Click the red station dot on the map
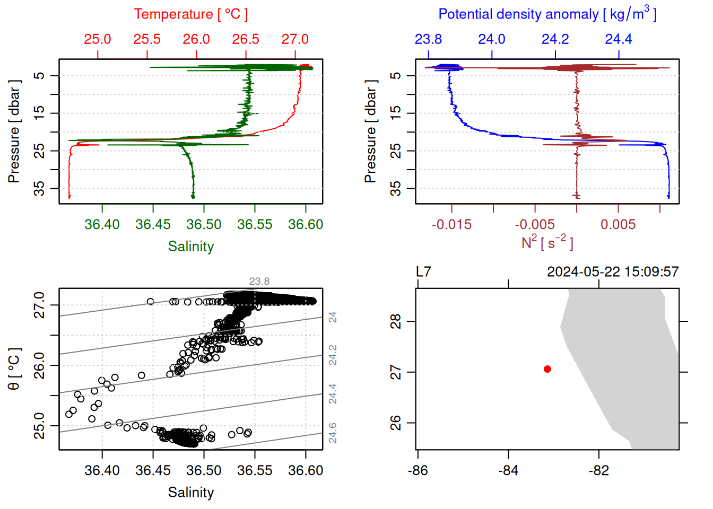(x=547, y=369)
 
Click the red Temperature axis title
(x=190, y=14)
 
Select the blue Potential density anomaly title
(x=547, y=14)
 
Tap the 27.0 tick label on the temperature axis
(x=295, y=39)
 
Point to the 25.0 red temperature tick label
(x=98, y=39)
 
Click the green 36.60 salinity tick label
(x=306, y=224)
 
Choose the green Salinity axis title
(x=190, y=247)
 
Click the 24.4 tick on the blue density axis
(x=619, y=39)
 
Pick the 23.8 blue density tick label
(x=428, y=39)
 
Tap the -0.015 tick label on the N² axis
(x=451, y=224)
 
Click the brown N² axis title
(x=547, y=243)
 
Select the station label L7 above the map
(x=423, y=272)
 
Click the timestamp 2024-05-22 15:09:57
(x=613, y=272)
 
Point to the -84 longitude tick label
(x=508, y=470)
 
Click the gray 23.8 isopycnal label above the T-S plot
(x=259, y=282)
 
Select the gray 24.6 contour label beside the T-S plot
(x=333, y=433)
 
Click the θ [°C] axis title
(x=14, y=369)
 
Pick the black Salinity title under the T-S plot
(x=190, y=493)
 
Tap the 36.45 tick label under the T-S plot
(x=153, y=470)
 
